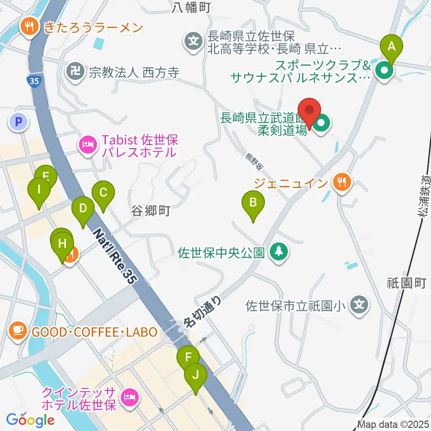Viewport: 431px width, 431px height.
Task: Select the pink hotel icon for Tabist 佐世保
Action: coord(88,145)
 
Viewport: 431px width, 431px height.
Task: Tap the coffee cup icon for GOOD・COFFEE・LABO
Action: coord(18,332)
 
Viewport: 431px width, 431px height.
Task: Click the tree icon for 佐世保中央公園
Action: coord(279,251)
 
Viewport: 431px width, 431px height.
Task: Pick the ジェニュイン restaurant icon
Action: coord(342,182)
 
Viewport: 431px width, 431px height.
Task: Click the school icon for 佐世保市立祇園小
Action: coord(359,306)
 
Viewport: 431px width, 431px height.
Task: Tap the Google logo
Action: coord(31,420)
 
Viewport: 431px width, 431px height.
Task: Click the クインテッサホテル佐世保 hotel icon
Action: coord(130,397)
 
